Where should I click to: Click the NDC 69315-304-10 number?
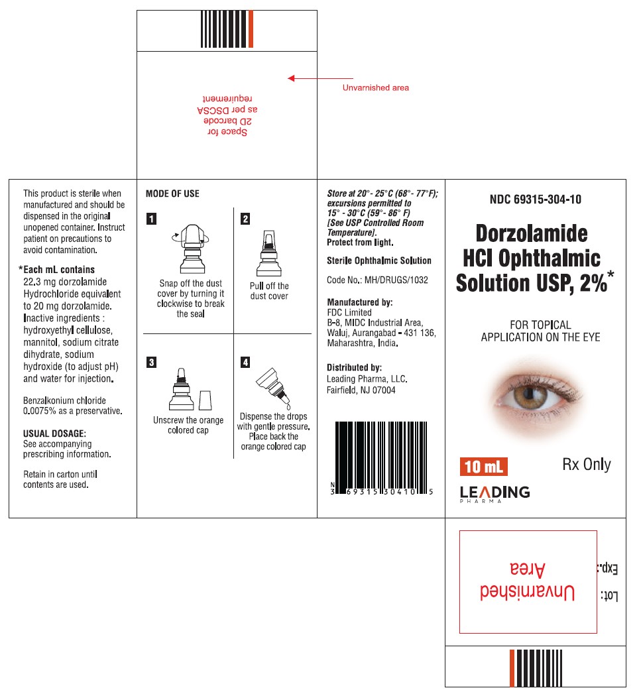click(x=536, y=199)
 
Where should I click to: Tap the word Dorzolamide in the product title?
click(x=531, y=233)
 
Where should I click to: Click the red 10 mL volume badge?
click(x=483, y=467)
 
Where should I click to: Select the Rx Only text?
click(x=586, y=465)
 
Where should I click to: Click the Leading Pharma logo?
click(x=495, y=493)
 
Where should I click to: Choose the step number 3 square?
click(x=152, y=362)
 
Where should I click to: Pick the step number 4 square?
click(x=245, y=362)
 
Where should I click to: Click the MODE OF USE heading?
click(x=172, y=194)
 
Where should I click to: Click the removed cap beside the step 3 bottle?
click(x=205, y=400)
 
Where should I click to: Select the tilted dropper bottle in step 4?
click(x=273, y=386)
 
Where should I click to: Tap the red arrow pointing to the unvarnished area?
click(x=311, y=78)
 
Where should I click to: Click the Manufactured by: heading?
click(x=360, y=302)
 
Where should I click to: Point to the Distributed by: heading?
click(x=354, y=367)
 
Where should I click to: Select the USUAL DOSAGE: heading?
click(x=54, y=433)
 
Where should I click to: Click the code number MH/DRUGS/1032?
click(x=396, y=280)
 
